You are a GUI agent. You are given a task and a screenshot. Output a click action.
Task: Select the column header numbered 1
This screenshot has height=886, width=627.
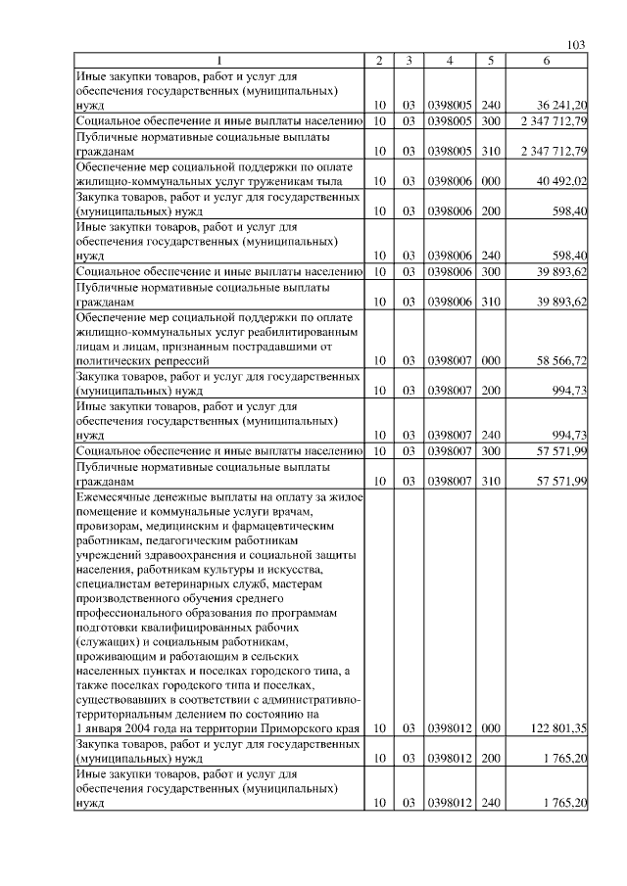(x=218, y=61)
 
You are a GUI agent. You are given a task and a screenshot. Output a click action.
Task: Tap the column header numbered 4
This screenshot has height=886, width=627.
(x=449, y=61)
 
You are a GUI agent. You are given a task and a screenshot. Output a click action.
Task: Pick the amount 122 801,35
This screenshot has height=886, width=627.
(x=555, y=727)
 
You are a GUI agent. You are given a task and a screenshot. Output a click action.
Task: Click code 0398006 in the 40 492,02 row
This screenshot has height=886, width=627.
(x=450, y=180)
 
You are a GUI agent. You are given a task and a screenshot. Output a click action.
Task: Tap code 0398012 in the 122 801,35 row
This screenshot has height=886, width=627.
(x=450, y=727)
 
